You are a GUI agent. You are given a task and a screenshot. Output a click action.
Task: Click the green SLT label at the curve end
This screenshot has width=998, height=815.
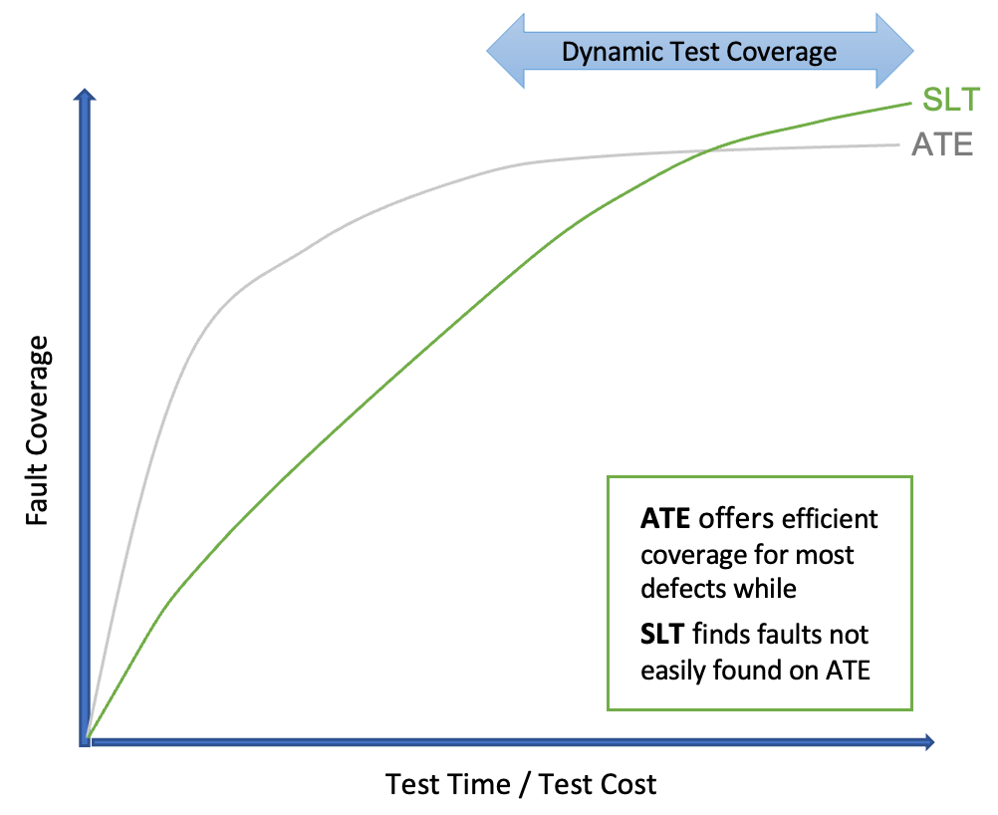(951, 101)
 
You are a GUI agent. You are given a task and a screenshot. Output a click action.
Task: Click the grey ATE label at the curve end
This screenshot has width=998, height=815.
(941, 145)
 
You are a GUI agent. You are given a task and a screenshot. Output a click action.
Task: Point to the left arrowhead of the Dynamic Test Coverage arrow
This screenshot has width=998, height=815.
(504, 51)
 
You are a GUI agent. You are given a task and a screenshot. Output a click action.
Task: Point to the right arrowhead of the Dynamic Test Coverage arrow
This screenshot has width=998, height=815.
(895, 51)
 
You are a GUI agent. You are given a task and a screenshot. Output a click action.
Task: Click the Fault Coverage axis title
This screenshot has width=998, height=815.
(38, 430)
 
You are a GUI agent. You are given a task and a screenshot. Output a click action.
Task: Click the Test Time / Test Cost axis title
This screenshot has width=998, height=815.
(521, 784)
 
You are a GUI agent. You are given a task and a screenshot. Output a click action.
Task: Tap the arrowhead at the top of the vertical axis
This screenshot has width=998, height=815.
(85, 98)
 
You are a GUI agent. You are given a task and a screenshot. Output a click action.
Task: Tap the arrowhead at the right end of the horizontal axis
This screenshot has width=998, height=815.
(927, 741)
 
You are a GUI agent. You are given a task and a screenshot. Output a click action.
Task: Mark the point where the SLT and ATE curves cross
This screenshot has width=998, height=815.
(707, 150)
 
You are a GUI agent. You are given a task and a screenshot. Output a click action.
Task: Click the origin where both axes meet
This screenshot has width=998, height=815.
(88, 740)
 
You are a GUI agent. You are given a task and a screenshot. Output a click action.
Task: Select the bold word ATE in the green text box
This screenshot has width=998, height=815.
(665, 519)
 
